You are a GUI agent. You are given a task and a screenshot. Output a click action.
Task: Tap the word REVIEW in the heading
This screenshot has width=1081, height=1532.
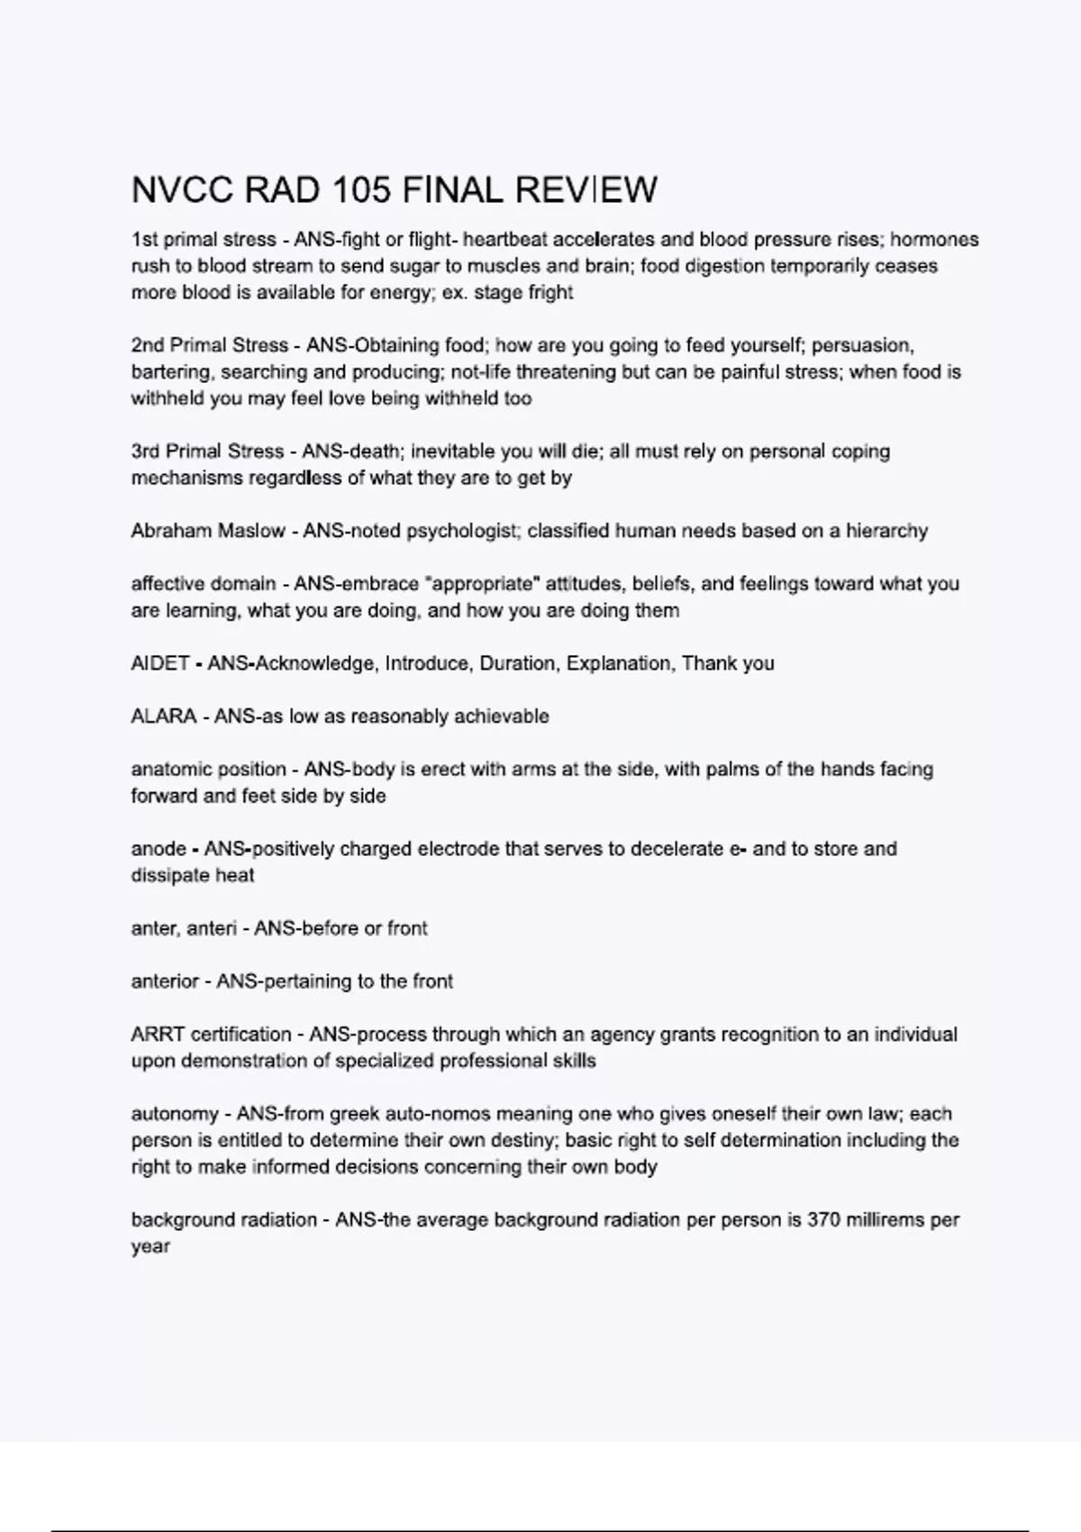[586, 190]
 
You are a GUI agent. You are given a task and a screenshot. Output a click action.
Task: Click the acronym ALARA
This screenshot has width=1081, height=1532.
[163, 716]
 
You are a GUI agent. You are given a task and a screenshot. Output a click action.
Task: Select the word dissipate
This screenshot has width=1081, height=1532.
[168, 876]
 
